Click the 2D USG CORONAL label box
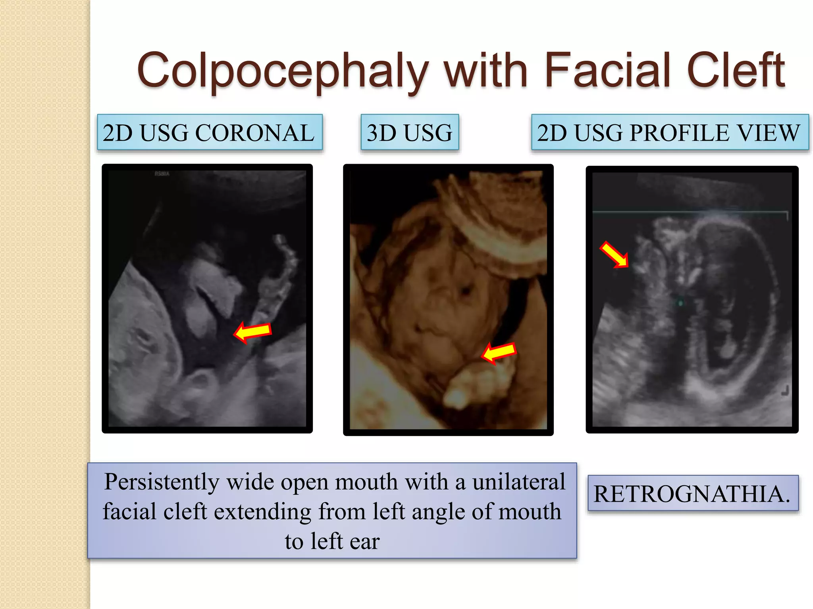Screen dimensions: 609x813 (210, 132)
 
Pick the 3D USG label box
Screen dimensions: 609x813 (409, 132)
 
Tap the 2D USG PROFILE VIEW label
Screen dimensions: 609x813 (669, 132)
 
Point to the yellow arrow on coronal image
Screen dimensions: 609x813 (253, 331)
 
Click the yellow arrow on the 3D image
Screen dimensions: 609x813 (499, 352)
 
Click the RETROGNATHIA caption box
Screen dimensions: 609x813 (692, 494)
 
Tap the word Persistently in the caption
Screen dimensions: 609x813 (162, 482)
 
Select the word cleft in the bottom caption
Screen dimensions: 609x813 (185, 512)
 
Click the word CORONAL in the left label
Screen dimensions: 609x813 (254, 132)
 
